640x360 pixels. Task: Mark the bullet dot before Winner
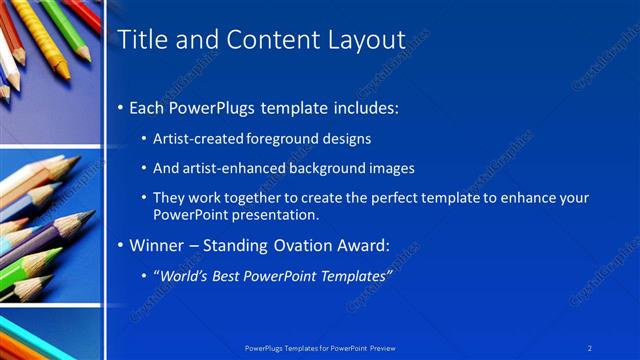121,245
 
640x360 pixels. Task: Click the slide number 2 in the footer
590,347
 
